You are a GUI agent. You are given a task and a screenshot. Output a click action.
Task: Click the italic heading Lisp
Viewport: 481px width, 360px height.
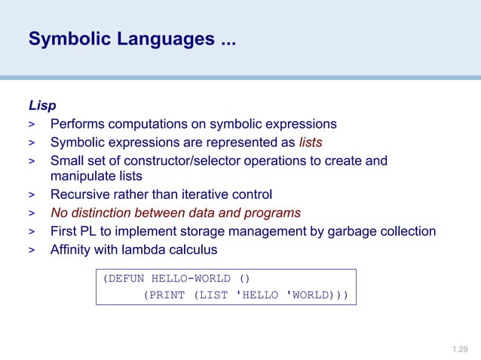(41, 105)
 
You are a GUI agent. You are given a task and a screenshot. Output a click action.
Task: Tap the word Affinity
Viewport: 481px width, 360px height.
(72, 249)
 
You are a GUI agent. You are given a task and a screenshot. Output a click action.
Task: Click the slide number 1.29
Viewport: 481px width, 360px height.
(460, 349)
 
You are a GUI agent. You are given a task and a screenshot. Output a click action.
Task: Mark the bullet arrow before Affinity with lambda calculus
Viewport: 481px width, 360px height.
(32, 249)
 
